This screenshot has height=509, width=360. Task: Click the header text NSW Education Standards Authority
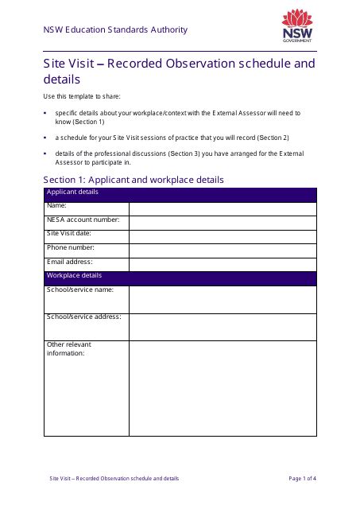click(115, 30)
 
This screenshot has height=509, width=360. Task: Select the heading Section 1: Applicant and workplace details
click(134, 180)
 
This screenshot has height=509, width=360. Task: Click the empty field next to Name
click(223, 208)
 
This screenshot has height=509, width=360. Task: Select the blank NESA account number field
click(223, 222)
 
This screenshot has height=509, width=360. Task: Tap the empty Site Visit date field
click(223, 236)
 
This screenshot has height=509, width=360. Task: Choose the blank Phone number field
click(223, 250)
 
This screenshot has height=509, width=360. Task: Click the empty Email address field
click(223, 264)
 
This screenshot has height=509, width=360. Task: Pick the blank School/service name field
click(223, 299)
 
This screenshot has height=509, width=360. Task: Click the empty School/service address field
click(223, 327)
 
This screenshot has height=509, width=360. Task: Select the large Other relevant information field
click(223, 388)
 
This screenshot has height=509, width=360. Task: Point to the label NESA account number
click(83, 220)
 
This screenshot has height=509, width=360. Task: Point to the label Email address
click(70, 262)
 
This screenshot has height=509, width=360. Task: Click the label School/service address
click(84, 317)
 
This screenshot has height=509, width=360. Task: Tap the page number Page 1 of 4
click(303, 479)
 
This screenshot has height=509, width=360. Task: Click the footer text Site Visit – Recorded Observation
click(114, 479)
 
